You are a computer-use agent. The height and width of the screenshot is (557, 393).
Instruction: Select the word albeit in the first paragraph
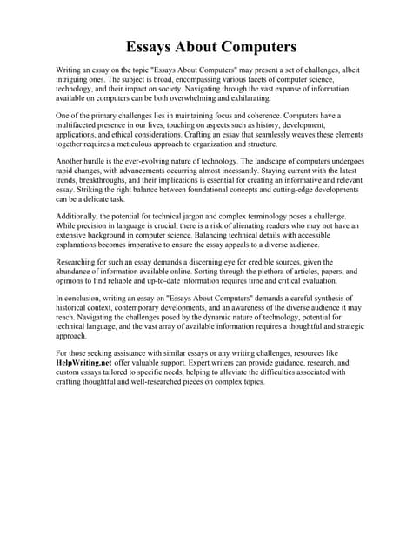(x=343, y=69)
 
